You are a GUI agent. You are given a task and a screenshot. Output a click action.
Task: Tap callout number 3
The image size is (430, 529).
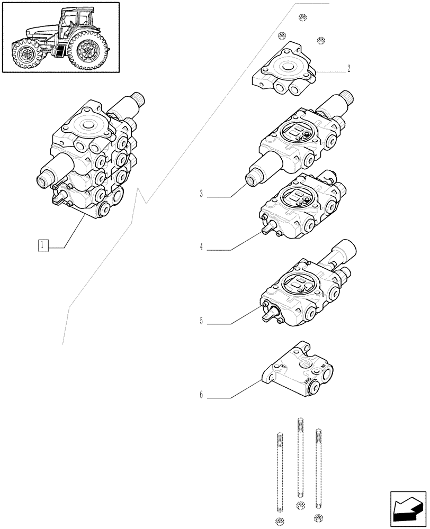coord(202,194)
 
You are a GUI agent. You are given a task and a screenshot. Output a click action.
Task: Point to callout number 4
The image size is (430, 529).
coord(202,247)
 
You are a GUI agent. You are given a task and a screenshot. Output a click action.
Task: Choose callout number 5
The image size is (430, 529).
coord(202,321)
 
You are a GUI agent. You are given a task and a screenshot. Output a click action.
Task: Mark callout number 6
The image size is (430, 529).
coord(202,395)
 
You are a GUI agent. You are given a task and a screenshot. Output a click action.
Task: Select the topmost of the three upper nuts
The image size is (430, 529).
coord(302,17)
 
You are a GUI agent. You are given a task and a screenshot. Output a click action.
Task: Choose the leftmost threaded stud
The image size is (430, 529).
coord(277,471)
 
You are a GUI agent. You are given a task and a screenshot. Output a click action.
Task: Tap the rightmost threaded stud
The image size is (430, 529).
coord(318,466)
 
